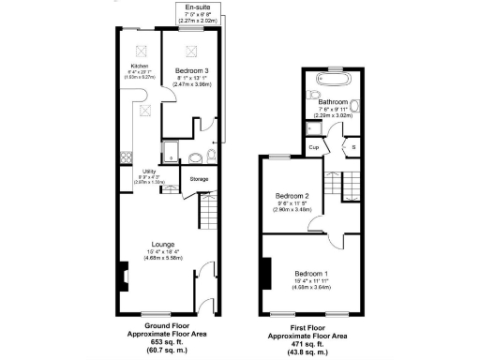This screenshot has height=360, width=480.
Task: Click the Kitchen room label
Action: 139,65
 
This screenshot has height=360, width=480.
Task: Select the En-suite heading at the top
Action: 197,7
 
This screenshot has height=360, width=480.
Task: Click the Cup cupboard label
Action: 315,148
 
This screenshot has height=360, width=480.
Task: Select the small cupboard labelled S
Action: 353,148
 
